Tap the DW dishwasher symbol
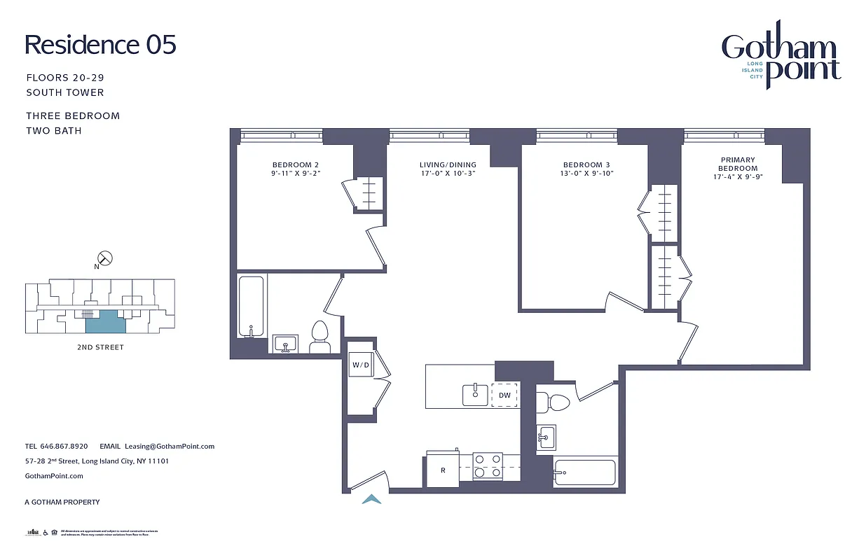coord(505,395)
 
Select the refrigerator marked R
coord(443,469)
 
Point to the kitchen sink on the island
coord(475,394)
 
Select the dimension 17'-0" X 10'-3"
coord(448,174)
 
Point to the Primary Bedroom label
coord(738,164)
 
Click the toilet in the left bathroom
coord(320,338)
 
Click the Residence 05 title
coord(100,45)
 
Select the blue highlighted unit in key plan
coord(105,322)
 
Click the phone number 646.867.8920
coord(66,446)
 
